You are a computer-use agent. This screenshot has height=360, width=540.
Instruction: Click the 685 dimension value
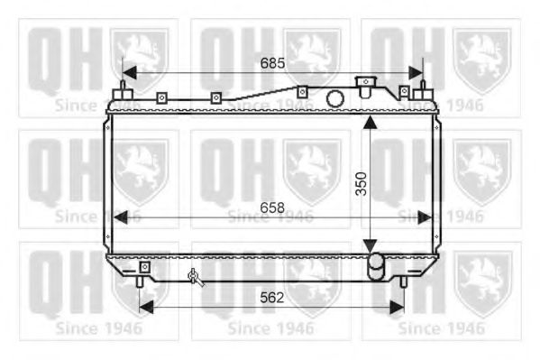(x=272, y=63)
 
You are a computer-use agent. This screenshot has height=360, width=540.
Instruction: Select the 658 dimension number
(x=272, y=208)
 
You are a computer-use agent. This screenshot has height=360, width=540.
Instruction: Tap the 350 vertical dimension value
(x=362, y=184)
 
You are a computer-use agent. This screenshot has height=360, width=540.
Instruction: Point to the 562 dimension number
(x=272, y=297)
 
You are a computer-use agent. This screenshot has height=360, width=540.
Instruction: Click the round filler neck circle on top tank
(x=334, y=98)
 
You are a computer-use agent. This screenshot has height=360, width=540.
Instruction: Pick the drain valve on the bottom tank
(x=196, y=277)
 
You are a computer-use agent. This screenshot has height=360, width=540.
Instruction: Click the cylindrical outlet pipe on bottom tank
(x=375, y=266)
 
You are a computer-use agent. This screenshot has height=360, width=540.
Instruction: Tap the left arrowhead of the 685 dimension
(x=129, y=73)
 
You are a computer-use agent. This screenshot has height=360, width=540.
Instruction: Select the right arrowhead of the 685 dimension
(x=416, y=73)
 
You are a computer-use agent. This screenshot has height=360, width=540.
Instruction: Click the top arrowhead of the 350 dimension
(x=370, y=123)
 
